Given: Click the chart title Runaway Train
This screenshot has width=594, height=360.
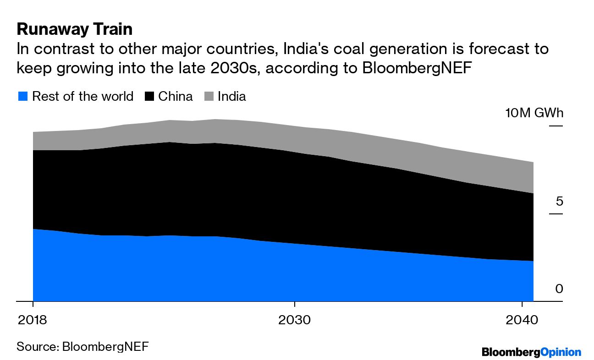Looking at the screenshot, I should (x=74, y=29).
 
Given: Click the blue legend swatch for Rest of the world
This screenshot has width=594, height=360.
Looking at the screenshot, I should (x=23, y=97).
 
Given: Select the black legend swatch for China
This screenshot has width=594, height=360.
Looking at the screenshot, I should (x=150, y=97).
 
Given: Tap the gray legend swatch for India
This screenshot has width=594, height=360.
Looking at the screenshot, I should (x=209, y=97).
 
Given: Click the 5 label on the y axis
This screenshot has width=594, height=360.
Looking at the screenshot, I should (x=559, y=202).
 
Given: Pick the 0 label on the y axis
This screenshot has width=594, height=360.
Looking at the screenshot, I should (x=559, y=289).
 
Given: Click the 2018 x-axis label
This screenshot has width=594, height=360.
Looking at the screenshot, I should (x=32, y=319).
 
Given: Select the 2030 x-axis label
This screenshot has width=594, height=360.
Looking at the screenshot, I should (x=294, y=319).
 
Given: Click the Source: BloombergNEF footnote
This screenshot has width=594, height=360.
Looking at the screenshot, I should (x=82, y=346).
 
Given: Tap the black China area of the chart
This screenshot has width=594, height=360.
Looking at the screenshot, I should (x=229, y=192).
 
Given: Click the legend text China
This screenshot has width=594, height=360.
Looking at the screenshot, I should (x=175, y=97).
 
